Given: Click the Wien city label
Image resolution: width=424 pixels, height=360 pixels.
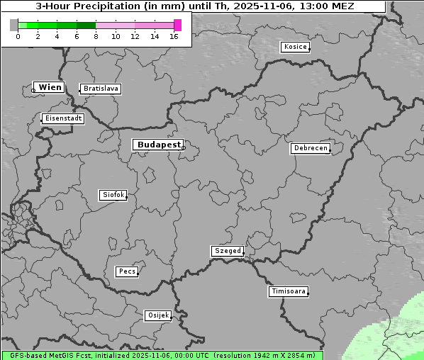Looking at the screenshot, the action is [x=50, y=87].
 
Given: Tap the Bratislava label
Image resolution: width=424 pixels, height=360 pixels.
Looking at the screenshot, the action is [x=100, y=89].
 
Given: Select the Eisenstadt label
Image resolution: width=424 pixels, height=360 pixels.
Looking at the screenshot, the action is [x=63, y=118].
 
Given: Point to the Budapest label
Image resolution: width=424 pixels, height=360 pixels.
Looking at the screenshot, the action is [x=158, y=145].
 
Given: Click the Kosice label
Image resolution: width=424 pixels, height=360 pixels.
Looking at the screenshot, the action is [x=294, y=47].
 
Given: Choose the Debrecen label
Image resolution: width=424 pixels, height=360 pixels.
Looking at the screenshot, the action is [x=309, y=148].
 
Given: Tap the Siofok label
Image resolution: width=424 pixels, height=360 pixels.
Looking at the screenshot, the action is [x=113, y=194].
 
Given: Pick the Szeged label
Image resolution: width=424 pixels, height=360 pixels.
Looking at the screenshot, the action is [x=227, y=251].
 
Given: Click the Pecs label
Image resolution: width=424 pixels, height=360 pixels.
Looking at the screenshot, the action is [x=127, y=271].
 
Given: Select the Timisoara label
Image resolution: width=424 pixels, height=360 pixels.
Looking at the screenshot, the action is [x=288, y=291].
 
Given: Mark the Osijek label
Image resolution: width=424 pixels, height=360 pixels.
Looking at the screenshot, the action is [x=158, y=315].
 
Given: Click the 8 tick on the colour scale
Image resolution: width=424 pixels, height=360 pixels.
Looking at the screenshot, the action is [x=96, y=35].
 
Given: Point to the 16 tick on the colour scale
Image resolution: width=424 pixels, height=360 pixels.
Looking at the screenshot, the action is [x=174, y=35].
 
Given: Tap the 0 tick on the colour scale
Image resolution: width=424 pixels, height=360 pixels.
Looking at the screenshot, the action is [x=18, y=35].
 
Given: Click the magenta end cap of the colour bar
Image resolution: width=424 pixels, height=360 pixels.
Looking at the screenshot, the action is [x=177, y=25].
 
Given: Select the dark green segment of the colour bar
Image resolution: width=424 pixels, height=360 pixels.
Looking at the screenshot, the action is [x=86, y=25].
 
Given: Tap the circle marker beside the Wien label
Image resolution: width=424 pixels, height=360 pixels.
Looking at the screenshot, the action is [x=33, y=90].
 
